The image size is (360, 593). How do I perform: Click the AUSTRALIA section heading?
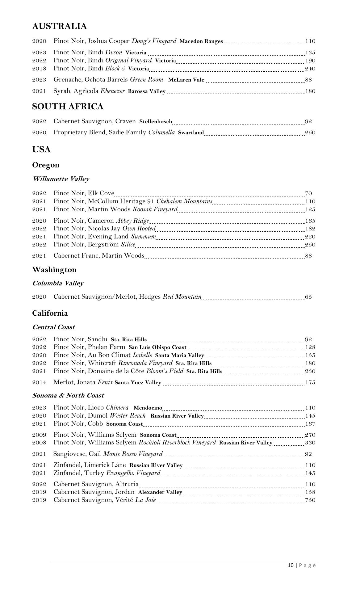coord(60,26)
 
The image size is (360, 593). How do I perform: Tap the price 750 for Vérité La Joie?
coord(310,500)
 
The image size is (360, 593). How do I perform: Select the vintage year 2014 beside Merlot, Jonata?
coord(39,382)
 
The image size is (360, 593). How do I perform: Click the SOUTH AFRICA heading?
coord(68,107)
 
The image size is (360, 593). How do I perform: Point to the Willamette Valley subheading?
coord(61,179)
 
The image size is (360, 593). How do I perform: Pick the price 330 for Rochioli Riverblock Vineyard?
coord(310,443)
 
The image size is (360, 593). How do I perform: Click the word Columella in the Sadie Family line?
coord(161,132)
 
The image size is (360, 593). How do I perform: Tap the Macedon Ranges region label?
coord(201,41)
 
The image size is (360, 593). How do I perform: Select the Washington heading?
coord(54,270)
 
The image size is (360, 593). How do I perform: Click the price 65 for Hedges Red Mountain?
coord(308,297)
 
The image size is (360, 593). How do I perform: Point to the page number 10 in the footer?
coord(291,565)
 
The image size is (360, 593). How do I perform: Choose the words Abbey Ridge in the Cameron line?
coord(132,221)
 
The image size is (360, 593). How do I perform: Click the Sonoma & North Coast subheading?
coord(68,395)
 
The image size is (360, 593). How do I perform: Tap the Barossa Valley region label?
coord(147,91)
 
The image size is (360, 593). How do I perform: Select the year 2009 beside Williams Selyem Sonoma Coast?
coord(39,435)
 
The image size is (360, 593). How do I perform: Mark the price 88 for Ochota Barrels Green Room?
coord(308,80)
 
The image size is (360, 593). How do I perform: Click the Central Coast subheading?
coord(53,327)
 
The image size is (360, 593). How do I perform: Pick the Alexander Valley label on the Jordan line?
coord(160,492)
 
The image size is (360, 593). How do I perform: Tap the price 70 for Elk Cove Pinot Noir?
coord(308,193)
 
